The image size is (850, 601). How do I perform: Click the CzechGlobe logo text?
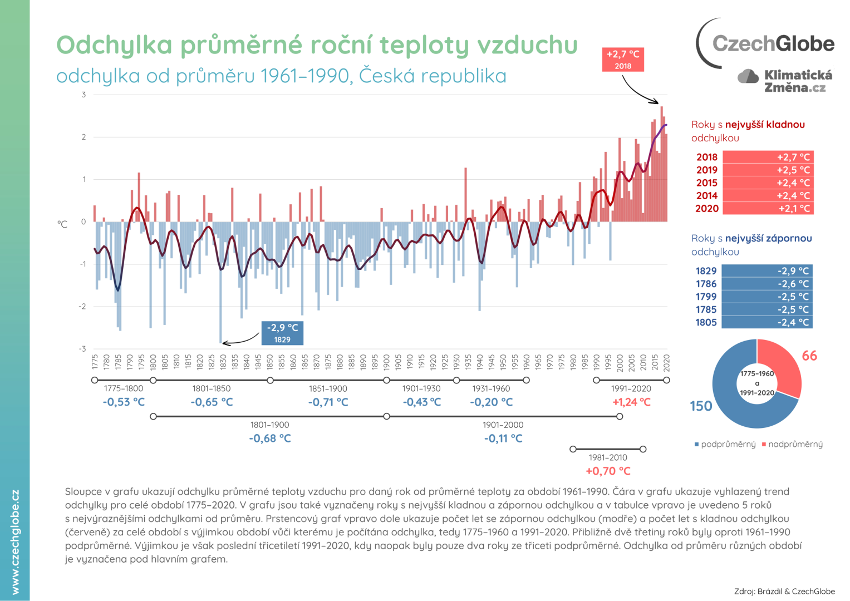773,43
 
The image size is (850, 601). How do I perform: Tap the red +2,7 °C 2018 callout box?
623,60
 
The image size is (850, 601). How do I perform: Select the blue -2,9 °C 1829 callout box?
282,333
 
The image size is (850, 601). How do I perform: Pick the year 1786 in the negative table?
706,284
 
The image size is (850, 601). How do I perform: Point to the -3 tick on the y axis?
83,349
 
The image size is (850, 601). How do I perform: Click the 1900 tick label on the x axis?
387,362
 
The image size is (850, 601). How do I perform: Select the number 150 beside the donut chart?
701,406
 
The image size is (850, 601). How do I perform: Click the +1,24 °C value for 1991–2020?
631,402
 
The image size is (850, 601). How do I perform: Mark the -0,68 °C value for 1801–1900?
270,439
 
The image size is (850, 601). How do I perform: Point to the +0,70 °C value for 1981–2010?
608,471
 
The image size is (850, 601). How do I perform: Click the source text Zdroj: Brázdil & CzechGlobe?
784,591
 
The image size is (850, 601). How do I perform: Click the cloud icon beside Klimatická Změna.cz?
748,77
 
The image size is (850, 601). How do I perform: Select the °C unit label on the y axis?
62,224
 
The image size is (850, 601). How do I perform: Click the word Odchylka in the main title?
114,45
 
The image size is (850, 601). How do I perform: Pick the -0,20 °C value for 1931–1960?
491,402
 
